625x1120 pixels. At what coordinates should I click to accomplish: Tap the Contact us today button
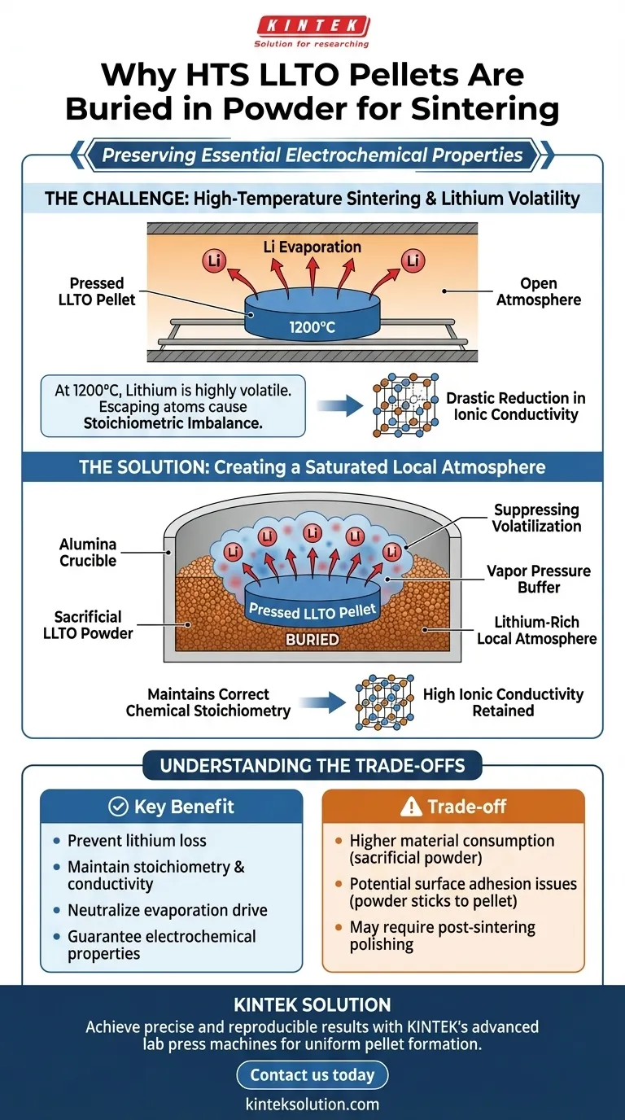(x=312, y=1074)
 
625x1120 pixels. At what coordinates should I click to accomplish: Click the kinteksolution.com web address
(x=312, y=1104)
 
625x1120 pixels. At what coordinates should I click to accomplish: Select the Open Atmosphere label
(x=538, y=291)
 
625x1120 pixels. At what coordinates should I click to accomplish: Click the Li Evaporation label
(x=312, y=246)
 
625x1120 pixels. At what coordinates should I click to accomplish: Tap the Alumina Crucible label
(x=88, y=552)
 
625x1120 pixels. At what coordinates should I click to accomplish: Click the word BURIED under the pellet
(x=312, y=639)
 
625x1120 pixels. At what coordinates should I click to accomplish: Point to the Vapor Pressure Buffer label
(x=538, y=579)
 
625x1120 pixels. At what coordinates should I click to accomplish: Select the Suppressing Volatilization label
(x=537, y=518)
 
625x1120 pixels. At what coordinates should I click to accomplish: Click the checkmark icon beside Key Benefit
(x=118, y=807)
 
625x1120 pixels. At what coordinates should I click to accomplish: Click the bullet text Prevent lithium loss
(x=137, y=841)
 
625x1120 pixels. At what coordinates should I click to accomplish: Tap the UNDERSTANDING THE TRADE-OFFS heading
(x=312, y=765)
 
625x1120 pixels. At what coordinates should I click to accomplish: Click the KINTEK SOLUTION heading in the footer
(x=312, y=1004)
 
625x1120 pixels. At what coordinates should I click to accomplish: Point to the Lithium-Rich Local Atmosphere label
(x=536, y=629)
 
